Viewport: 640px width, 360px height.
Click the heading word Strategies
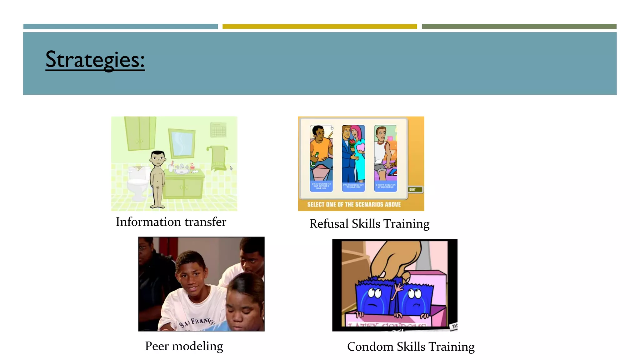point(95,60)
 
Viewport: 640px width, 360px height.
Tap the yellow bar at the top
point(319,27)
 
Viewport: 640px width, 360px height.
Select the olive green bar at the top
point(519,27)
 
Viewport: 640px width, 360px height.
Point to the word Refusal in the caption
point(329,224)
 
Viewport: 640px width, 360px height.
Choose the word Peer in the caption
point(157,346)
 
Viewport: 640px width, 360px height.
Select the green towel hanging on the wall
point(218,158)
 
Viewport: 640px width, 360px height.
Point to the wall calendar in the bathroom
point(218,130)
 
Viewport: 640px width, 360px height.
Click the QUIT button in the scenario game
point(415,189)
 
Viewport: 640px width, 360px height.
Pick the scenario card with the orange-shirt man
point(321,158)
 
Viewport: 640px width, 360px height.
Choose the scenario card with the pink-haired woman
point(353,158)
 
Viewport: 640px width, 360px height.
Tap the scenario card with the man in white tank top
point(386,158)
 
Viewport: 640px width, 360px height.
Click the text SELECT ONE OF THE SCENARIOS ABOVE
point(354,204)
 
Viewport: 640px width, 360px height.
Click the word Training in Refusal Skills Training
point(406,224)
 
